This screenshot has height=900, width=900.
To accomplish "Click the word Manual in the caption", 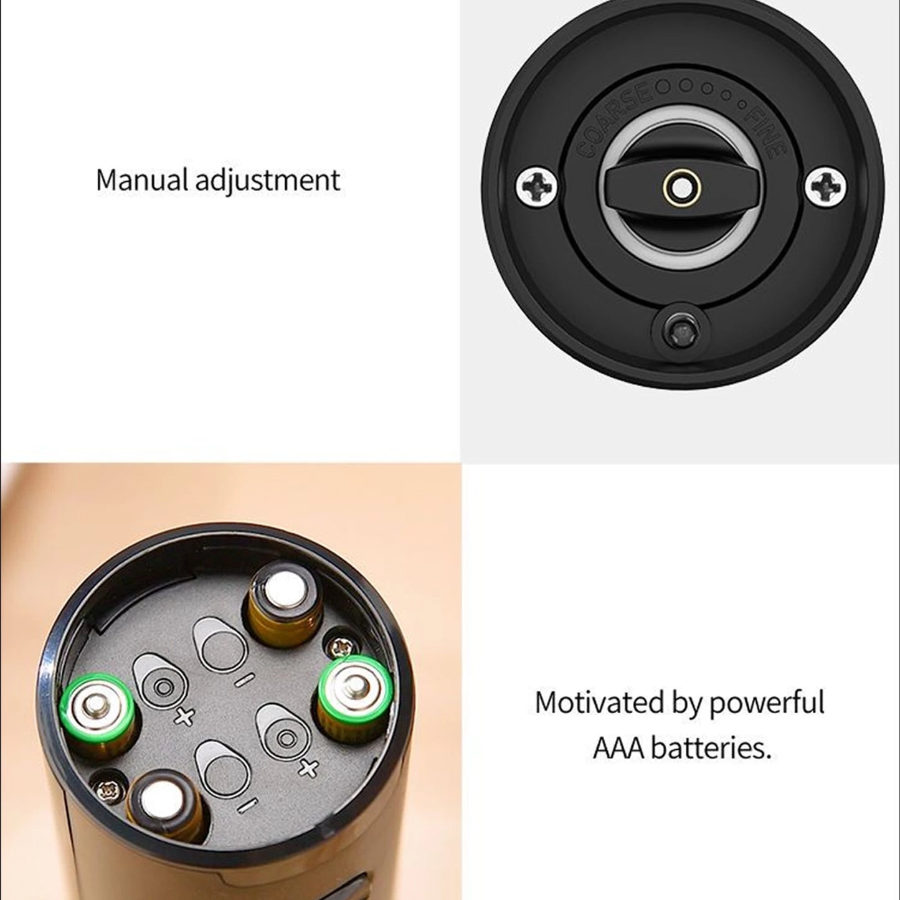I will (141, 180).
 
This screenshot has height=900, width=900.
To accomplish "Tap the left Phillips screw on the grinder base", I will (536, 184).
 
